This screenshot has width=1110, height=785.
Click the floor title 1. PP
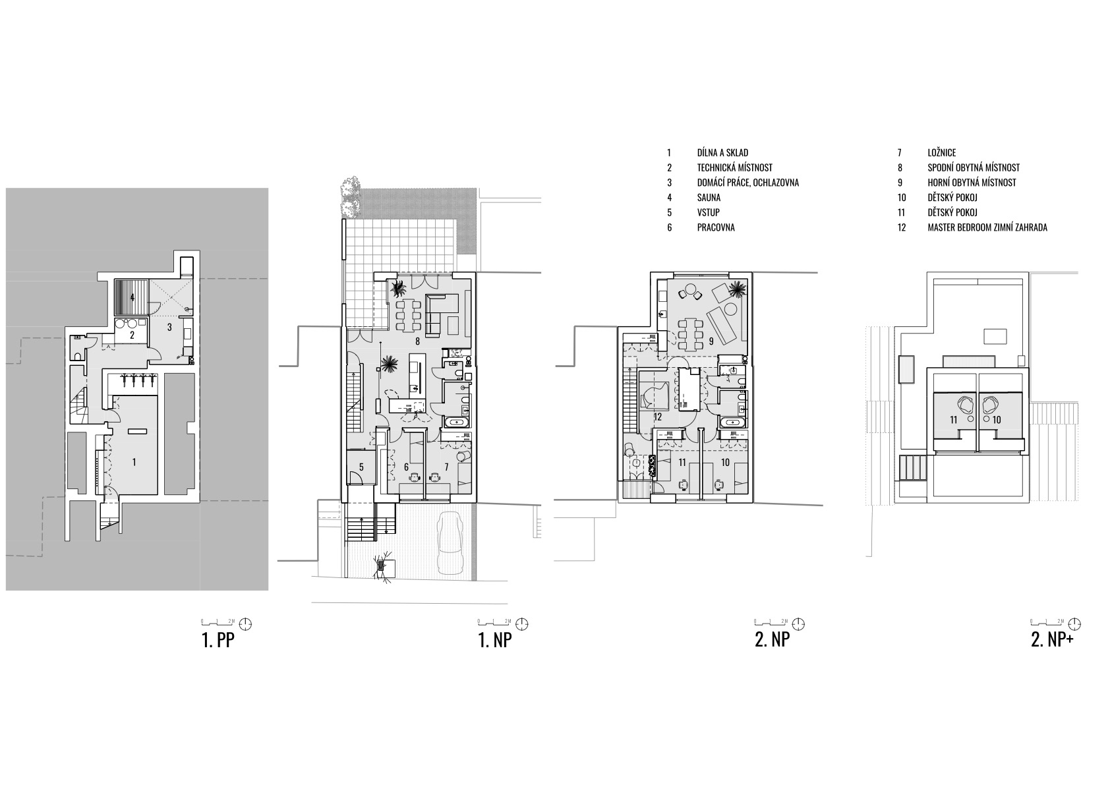click(x=218, y=640)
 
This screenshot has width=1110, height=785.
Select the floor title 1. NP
click(x=495, y=640)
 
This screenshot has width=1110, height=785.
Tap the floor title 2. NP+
click(x=1052, y=640)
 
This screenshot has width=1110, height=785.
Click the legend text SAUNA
click(x=709, y=197)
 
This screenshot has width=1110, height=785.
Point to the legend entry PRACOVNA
click(x=716, y=227)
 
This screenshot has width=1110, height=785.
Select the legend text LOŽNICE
click(x=941, y=153)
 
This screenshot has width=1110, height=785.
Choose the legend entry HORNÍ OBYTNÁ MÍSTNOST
click(x=972, y=183)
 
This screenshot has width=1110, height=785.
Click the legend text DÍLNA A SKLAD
click(x=722, y=153)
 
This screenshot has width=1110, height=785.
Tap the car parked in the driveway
click(x=451, y=542)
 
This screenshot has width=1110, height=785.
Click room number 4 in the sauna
click(x=132, y=298)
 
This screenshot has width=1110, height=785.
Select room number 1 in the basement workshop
click(x=134, y=463)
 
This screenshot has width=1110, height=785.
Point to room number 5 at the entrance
click(x=362, y=467)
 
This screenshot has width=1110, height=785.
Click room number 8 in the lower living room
click(x=418, y=341)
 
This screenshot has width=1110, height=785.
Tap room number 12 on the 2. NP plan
click(x=658, y=417)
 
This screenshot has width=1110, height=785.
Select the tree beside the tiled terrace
click(x=350, y=196)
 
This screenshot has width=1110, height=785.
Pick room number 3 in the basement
click(x=169, y=327)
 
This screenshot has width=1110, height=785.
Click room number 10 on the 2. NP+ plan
click(x=997, y=420)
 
